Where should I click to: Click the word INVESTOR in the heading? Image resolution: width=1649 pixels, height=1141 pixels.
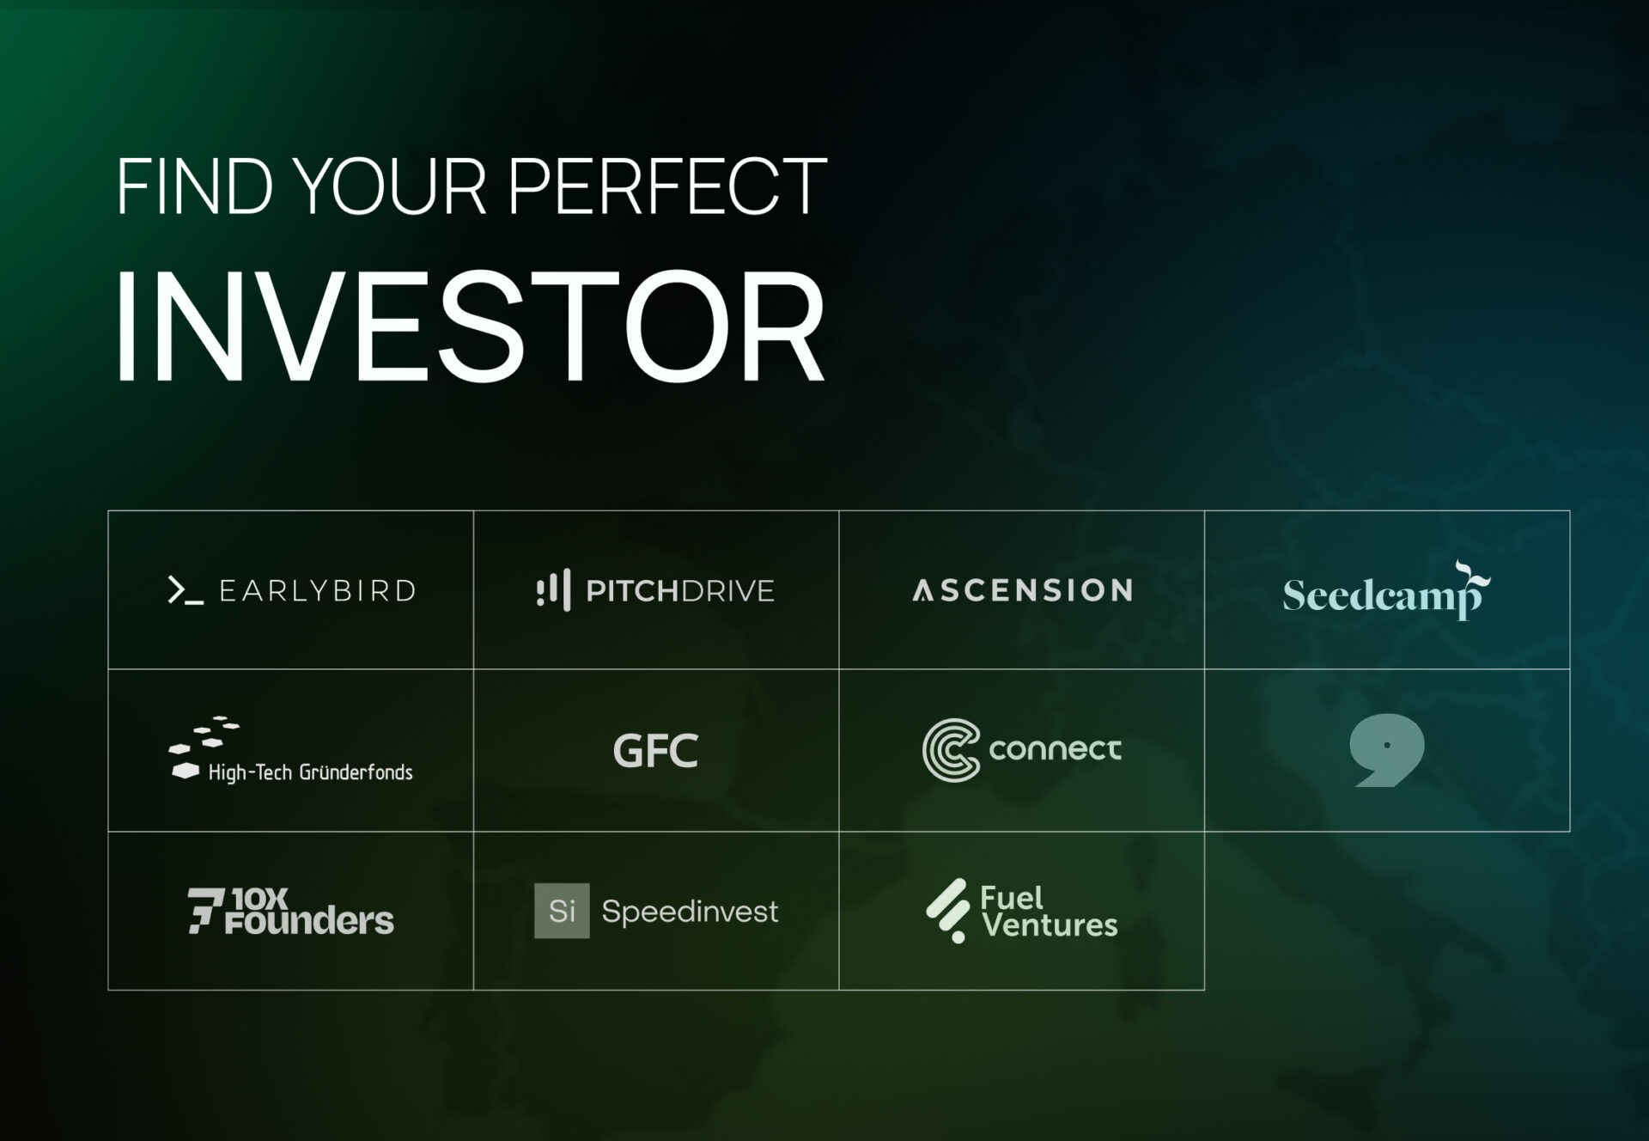[x=470, y=326]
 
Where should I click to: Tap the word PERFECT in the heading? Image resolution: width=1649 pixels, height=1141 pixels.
[x=667, y=186]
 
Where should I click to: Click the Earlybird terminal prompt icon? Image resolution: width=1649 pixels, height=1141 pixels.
[x=186, y=591]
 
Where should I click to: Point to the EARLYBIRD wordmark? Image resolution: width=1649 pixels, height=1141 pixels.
[x=318, y=591]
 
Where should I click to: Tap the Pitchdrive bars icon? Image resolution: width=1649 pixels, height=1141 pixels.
[x=553, y=589]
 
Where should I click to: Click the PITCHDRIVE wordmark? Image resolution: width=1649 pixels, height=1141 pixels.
[x=680, y=591]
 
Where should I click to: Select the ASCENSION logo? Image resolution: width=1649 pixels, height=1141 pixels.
[x=1022, y=590]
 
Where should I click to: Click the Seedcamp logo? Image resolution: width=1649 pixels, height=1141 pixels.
[x=1386, y=591]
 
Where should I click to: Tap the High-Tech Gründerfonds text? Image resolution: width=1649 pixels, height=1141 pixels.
[x=310, y=772]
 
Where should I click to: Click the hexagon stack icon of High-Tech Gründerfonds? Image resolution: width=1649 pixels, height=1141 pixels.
[x=203, y=747]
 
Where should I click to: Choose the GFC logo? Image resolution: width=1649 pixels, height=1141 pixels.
[x=655, y=750]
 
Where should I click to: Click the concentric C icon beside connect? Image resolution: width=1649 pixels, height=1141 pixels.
[x=951, y=750]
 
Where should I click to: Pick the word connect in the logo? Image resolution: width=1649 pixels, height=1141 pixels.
[x=1055, y=749]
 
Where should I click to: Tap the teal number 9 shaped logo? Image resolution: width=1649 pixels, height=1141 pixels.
[x=1386, y=749]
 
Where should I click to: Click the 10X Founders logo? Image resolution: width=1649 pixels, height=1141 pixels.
[x=290, y=911]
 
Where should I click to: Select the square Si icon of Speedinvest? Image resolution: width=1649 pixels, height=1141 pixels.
[x=562, y=911]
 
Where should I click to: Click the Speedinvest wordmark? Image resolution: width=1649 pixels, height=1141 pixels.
[x=690, y=911]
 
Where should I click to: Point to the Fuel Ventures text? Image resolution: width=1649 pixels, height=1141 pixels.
[x=1049, y=911]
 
